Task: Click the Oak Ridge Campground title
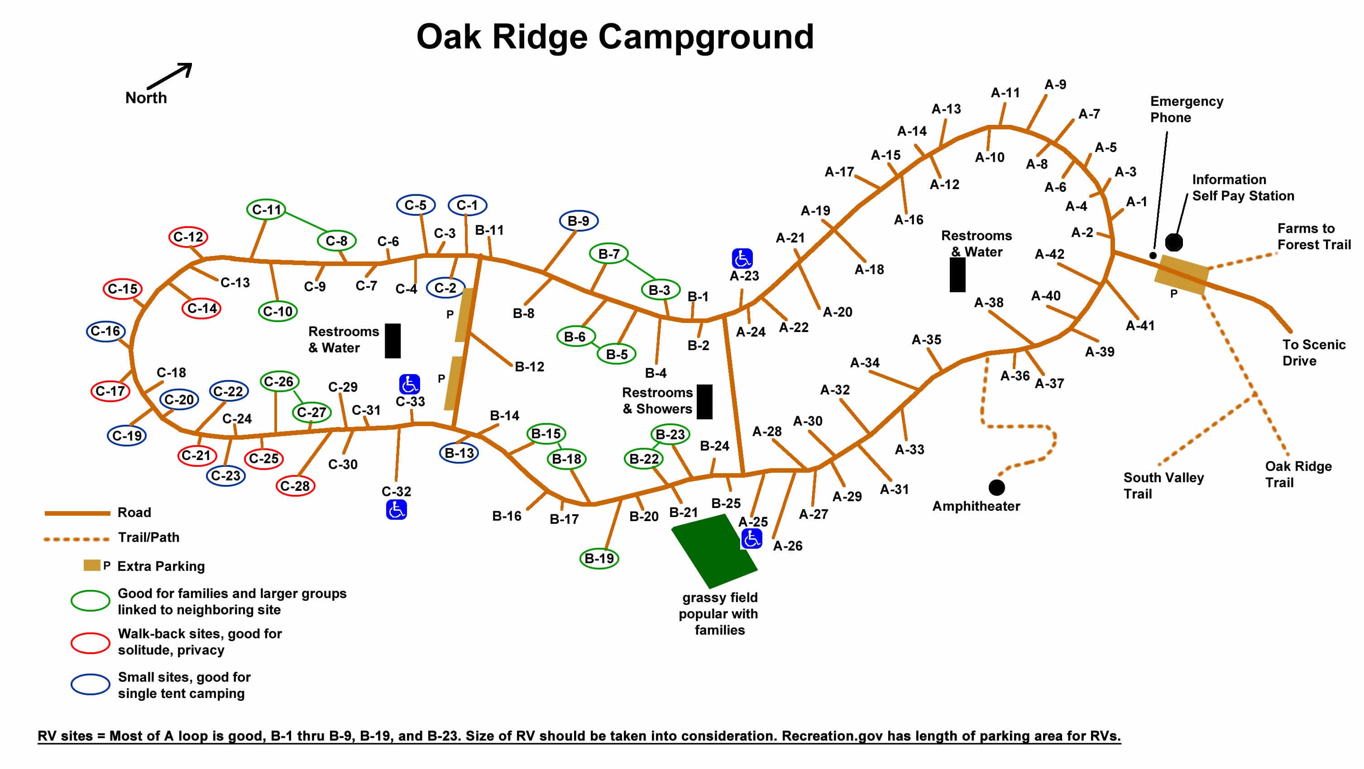(x=614, y=37)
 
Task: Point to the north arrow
(x=169, y=76)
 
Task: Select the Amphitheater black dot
(x=996, y=487)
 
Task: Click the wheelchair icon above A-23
(x=742, y=258)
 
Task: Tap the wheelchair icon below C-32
(x=396, y=510)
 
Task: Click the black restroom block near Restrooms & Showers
(x=704, y=402)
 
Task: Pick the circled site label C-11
(x=266, y=209)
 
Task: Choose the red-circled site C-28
(x=295, y=486)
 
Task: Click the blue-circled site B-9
(x=578, y=221)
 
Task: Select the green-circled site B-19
(x=599, y=558)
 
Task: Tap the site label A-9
(x=1055, y=85)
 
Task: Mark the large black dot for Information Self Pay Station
(x=1173, y=242)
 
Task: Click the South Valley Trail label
(x=1163, y=485)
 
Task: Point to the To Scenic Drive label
(x=1313, y=352)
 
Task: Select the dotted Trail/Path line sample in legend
(x=77, y=539)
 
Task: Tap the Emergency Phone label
(x=1186, y=109)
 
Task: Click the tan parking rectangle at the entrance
(x=1181, y=274)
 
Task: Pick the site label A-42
(x=1049, y=254)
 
